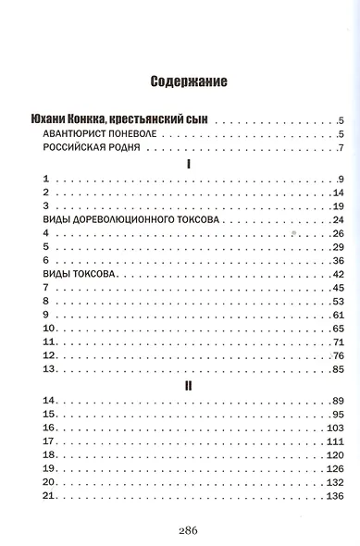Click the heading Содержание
coord(189,81)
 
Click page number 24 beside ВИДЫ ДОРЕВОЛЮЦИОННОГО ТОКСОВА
coord(337,219)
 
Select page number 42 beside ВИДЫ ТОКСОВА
coord(337,275)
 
